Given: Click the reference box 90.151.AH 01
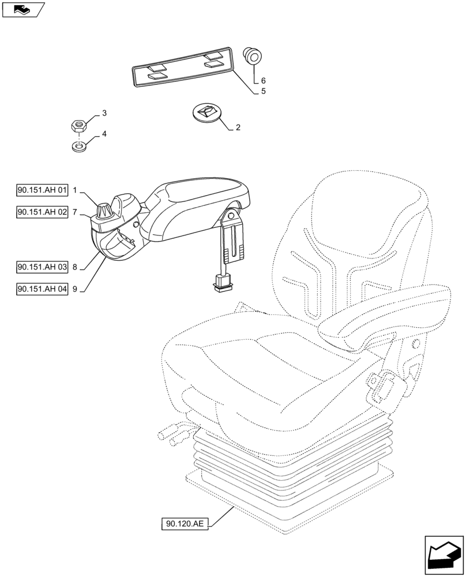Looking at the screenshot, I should [x=43, y=190].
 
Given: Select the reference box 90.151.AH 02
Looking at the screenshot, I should [x=43, y=212].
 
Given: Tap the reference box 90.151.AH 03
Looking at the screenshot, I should [x=43, y=267].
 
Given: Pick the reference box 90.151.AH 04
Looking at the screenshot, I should [x=43, y=288].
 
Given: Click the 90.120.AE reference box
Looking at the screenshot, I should [x=183, y=524].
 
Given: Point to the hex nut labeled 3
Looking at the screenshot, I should [x=78, y=124].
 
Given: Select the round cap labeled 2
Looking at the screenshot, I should [x=206, y=112].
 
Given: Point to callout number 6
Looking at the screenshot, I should [x=263, y=81].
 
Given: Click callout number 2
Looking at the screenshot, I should [x=238, y=128].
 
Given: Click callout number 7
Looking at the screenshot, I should [x=75, y=212].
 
